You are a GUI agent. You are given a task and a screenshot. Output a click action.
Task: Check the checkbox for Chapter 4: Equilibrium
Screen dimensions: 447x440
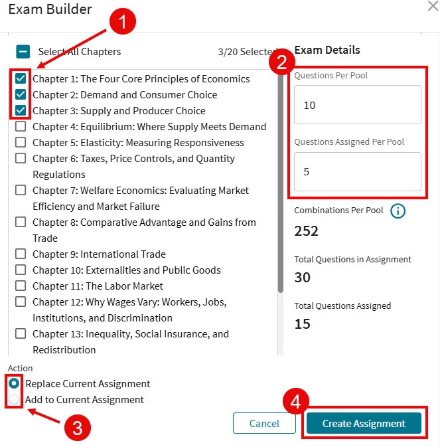[21, 126]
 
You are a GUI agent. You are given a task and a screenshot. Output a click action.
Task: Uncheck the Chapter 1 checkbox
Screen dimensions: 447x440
[21, 78]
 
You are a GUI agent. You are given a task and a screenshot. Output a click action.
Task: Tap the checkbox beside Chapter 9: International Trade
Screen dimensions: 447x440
[21, 254]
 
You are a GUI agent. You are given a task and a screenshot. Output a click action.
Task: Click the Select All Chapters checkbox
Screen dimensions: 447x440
[23, 52]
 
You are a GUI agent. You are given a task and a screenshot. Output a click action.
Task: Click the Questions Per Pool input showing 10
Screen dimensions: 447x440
[358, 105]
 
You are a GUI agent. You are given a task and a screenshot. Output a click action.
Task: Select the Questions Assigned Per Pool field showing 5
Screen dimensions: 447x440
[358, 171]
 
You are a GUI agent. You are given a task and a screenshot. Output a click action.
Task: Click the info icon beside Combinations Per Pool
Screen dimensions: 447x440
[398, 211]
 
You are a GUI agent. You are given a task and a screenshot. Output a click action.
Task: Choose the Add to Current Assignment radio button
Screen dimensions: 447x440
[13, 400]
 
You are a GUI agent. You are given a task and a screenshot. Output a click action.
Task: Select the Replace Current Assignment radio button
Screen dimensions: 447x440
[13, 384]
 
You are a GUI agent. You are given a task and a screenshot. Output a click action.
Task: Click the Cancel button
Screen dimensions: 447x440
[264, 424]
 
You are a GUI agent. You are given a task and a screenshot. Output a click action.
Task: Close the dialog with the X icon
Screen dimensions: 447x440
[432, 6]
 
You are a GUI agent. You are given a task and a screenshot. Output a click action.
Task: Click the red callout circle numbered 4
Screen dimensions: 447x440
[296, 402]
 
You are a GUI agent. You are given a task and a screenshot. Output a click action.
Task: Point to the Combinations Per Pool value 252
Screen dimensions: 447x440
[307, 231]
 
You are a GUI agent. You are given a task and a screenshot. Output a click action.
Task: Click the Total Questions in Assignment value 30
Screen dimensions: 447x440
[303, 278]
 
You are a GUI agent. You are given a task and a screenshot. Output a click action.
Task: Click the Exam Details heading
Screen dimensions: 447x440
[327, 50]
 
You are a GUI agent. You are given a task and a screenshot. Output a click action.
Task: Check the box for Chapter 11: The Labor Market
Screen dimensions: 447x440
[21, 286]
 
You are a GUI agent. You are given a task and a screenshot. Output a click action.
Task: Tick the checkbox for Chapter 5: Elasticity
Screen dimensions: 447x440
[21, 142]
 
